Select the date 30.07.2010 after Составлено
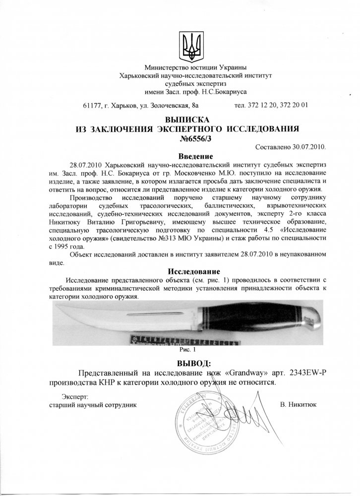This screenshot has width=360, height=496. pos(308,148)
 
